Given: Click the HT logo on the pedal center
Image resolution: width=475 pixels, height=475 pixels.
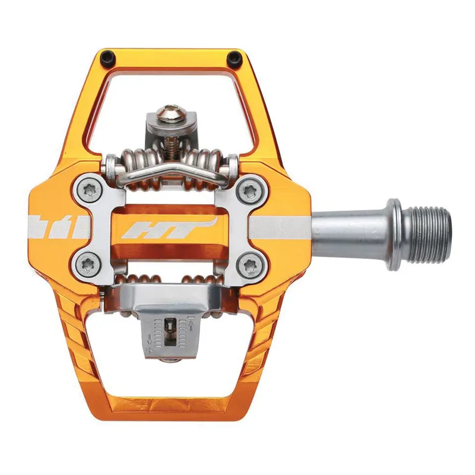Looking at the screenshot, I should [x=167, y=228].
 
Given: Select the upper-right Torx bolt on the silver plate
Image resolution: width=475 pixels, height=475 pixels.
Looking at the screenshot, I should [x=248, y=191].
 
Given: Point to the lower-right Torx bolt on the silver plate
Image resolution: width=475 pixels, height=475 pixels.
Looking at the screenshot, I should [x=248, y=263].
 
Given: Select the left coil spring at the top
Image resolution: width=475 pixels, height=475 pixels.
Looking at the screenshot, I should [x=134, y=163].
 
